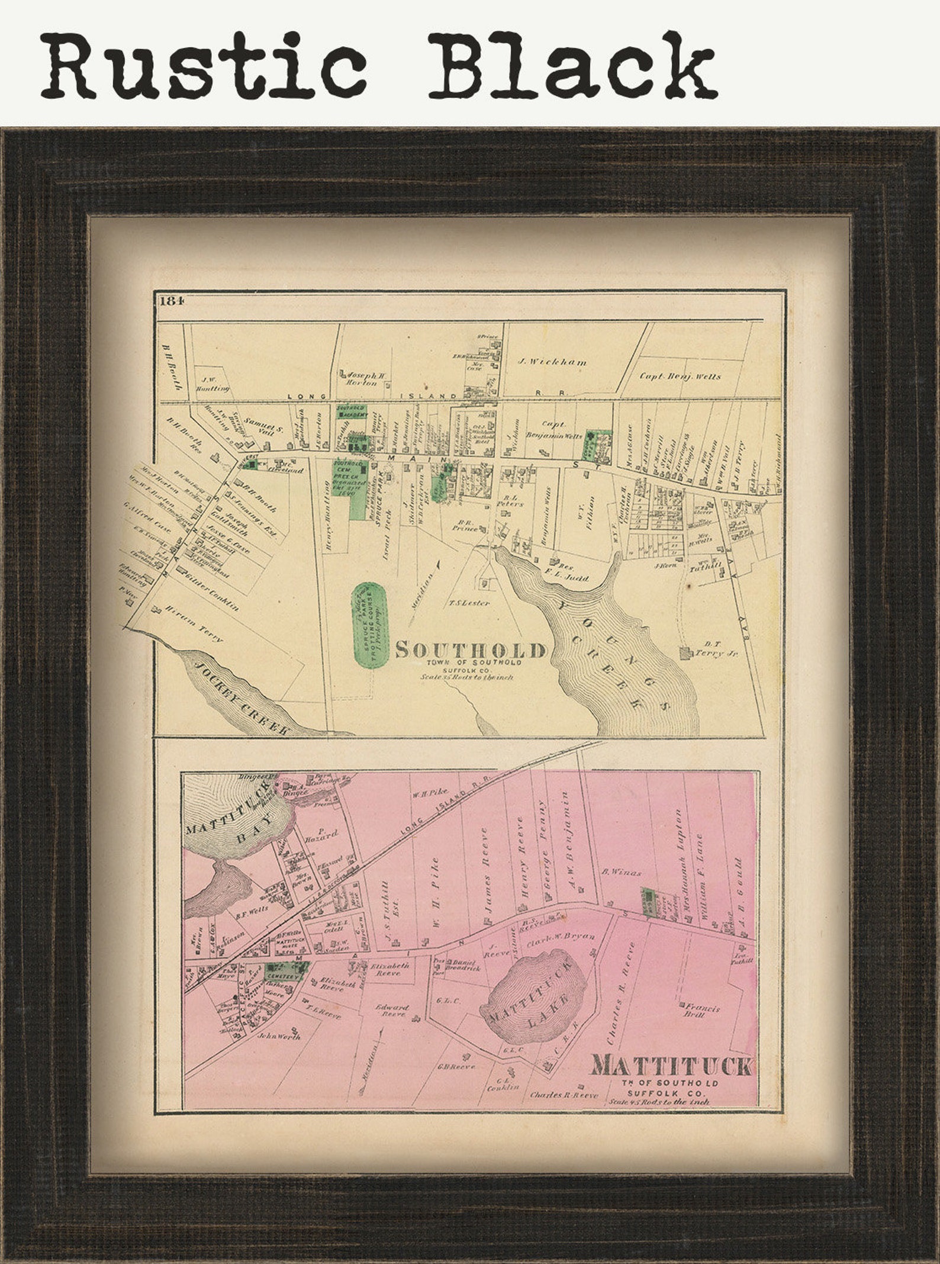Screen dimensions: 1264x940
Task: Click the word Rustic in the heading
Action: click(x=201, y=65)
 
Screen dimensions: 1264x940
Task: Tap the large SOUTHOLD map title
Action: click(x=470, y=650)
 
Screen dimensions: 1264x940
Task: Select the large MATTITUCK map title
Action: click(x=671, y=1067)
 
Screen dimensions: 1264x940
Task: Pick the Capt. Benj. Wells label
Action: click(x=681, y=375)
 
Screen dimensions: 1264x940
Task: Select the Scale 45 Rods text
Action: click(x=658, y=1101)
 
